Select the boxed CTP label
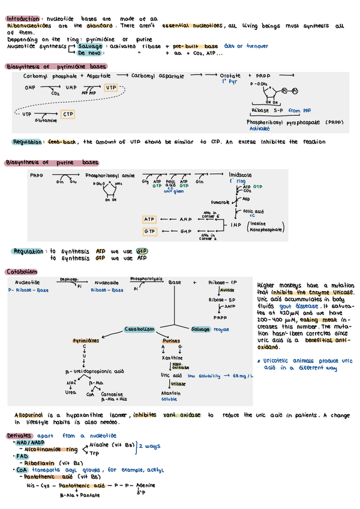[x=68, y=114]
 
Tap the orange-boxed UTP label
[x=111, y=88]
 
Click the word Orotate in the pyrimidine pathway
[x=230, y=76]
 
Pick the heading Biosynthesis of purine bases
[x=52, y=163]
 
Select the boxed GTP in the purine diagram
[x=149, y=231]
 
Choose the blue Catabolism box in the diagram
[x=140, y=330]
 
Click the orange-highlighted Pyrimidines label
[x=86, y=340]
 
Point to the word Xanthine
[x=171, y=357]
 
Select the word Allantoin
[x=172, y=393]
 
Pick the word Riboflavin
[x=42, y=463]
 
